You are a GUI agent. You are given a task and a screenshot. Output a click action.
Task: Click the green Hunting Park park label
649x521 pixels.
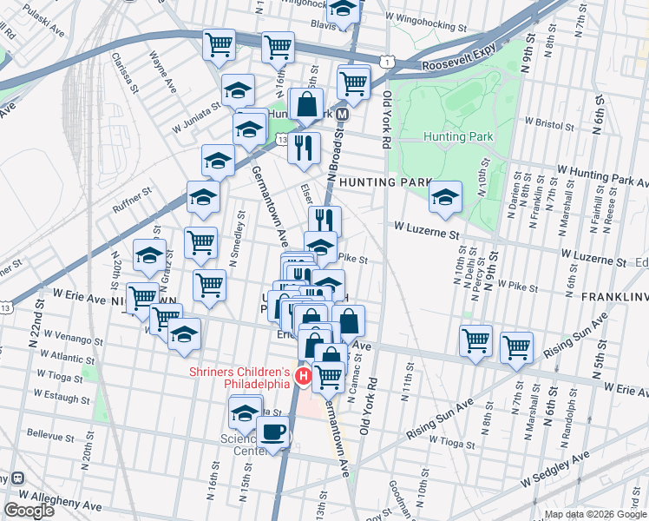(458, 136)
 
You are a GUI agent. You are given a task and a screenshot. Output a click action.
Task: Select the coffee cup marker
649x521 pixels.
(273, 431)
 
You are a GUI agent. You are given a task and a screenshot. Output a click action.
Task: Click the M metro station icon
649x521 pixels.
(343, 114)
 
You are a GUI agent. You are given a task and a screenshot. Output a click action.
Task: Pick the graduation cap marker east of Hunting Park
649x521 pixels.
(445, 196)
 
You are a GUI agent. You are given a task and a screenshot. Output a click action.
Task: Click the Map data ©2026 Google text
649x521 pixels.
(595, 514)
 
